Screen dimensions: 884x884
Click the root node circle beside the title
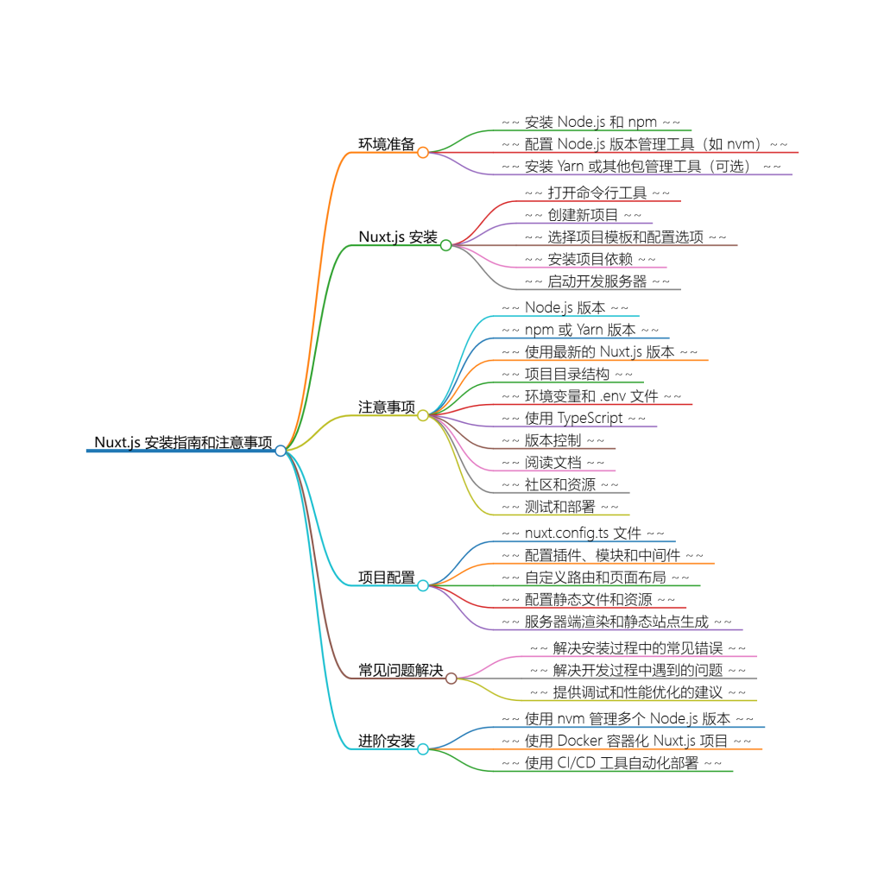click(281, 451)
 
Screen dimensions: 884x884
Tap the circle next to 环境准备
click(423, 153)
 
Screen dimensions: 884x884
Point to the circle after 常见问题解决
click(451, 679)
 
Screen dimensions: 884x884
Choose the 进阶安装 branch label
click(387, 741)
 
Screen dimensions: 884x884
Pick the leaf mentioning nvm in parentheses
click(643, 144)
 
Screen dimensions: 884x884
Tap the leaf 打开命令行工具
click(597, 193)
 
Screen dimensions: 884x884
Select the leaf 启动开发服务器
click(597, 281)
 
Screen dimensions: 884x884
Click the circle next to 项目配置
click(423, 585)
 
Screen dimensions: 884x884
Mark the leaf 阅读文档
click(552, 463)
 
